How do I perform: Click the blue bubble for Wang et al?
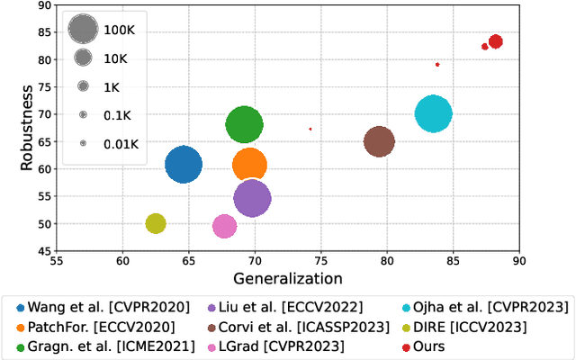click(184, 165)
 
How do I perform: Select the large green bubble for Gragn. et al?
click(244, 125)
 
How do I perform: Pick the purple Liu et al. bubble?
click(252, 199)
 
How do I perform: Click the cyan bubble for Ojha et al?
click(434, 114)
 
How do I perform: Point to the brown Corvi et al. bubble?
click(379, 142)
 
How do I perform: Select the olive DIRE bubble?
click(156, 223)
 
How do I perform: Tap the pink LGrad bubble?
click(224, 227)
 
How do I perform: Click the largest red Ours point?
click(495, 41)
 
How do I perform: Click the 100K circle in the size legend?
click(83, 30)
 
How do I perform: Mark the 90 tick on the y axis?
click(40, 5)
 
